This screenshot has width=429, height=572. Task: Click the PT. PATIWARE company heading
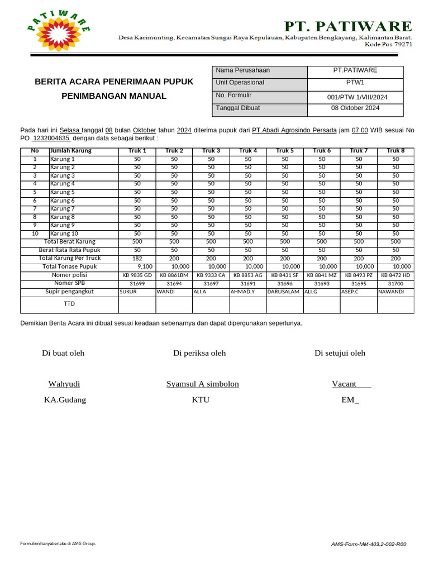349,26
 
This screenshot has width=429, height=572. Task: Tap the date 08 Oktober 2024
355,108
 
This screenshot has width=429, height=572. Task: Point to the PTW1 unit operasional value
355,83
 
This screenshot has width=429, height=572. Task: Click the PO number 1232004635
51,138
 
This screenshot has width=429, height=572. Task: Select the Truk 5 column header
285,151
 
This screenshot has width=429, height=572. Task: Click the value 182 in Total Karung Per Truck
137,259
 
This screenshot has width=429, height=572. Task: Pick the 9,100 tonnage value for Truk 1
145,267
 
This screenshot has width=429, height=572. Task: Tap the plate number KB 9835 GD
137,275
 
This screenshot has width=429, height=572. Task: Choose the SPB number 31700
395,284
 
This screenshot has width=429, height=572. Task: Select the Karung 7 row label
63,208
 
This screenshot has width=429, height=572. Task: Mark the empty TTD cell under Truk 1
137,304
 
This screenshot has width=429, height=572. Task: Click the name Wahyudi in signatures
64,384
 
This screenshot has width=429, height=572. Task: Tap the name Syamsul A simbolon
202,384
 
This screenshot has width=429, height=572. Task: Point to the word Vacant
345,384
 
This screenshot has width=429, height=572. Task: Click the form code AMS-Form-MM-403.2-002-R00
369,544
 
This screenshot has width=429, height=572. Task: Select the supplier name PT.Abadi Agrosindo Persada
294,130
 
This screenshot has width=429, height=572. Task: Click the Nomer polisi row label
69,275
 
